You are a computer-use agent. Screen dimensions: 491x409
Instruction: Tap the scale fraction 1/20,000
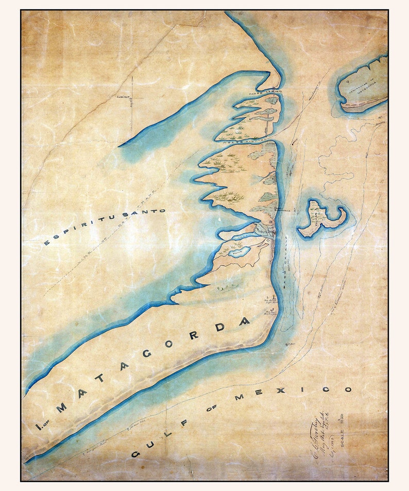point(354,426)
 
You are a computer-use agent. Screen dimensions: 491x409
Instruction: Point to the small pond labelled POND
point(237,252)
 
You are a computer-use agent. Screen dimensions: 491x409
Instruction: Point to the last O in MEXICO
point(348,390)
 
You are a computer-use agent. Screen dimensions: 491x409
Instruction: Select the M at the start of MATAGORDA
point(61,408)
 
